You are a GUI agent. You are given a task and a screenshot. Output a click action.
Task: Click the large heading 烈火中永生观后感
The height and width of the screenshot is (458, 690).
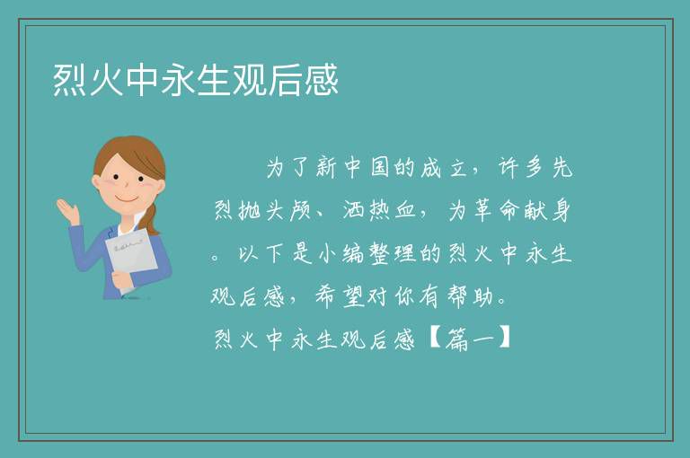pos(196,80)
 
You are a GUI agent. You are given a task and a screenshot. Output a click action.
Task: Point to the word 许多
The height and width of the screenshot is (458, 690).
pos(521,168)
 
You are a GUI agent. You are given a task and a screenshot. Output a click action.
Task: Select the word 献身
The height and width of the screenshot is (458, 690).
pos(548,210)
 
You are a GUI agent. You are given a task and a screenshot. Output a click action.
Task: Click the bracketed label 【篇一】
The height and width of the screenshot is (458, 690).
pos(469,339)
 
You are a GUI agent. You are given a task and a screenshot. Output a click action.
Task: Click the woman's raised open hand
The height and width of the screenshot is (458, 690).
pos(67,210)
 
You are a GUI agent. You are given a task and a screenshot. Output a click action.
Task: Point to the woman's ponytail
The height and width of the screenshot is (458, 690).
pos(150,216)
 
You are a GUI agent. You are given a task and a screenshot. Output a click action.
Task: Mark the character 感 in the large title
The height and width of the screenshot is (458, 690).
pos(322,80)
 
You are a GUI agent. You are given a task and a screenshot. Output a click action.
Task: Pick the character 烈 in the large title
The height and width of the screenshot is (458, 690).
pos(69,80)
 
